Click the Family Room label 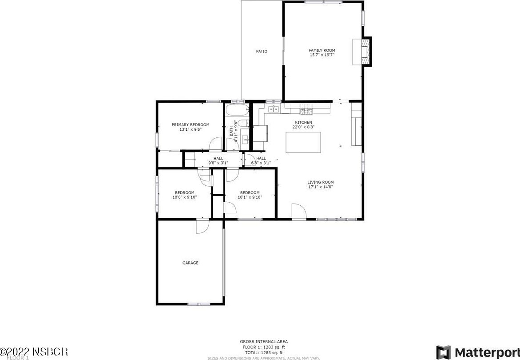[x=322, y=50]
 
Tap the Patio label [x=262, y=51]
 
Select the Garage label [x=191, y=263]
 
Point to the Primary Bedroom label [x=191, y=125]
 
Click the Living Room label [x=321, y=182]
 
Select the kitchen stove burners [x=306, y=110]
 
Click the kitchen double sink [x=273, y=109]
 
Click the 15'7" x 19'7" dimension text [x=322, y=55]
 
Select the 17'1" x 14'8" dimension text [x=321, y=187]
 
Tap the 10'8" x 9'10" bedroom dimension [x=184, y=197]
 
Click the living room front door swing [x=298, y=211]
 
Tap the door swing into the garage [x=202, y=226]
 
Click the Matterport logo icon [x=443, y=352]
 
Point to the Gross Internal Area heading [x=264, y=342]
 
